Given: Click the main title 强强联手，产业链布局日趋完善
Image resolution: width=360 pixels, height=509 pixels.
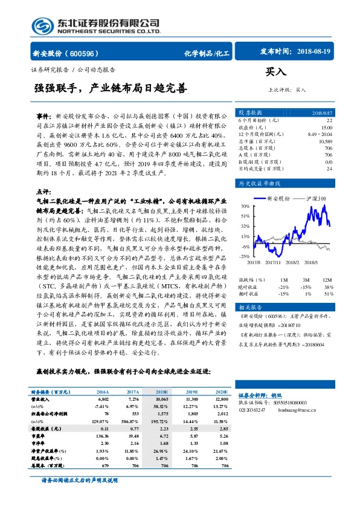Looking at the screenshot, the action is click(x=111, y=88).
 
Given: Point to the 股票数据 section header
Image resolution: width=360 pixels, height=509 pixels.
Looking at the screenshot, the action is click(x=251, y=112).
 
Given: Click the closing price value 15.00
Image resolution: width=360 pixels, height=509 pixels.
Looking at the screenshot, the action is click(x=326, y=128).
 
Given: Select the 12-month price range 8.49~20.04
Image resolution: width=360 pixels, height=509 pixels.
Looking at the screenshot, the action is click(x=320, y=134).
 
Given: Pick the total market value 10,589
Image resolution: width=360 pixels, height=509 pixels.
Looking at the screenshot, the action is click(x=324, y=140).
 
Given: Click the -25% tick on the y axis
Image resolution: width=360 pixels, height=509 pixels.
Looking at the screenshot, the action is click(x=245, y=256).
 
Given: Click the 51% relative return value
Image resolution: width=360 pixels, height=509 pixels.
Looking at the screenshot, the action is click(x=329, y=293).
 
